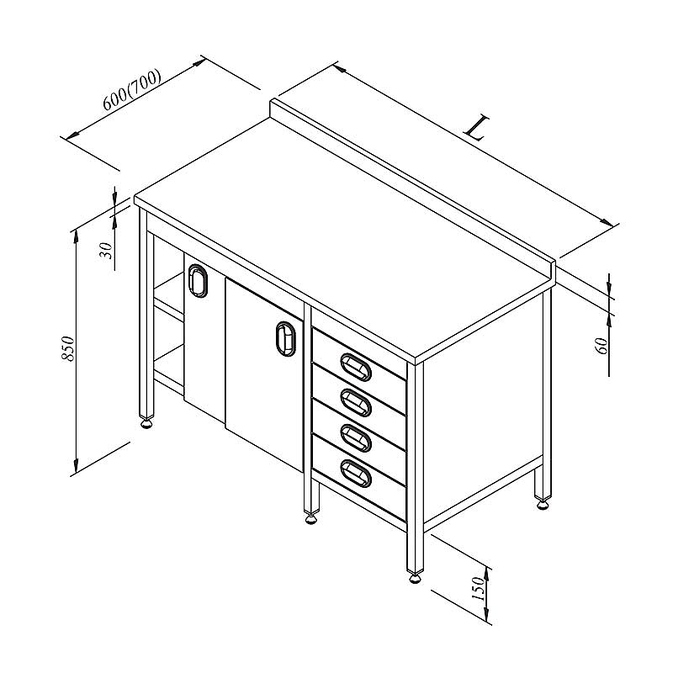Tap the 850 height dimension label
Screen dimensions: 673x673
tap(68, 348)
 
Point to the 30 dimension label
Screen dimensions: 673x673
tap(106, 250)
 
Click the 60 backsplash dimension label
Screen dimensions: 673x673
tap(601, 346)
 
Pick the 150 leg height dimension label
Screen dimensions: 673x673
tap(478, 588)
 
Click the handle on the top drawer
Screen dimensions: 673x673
tap(356, 367)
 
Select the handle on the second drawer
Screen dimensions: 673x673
tap(356, 402)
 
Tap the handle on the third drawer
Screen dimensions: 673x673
tap(356, 437)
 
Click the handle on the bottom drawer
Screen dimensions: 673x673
tap(356, 474)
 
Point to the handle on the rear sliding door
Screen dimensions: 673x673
tap(198, 281)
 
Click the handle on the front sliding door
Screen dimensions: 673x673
tap(286, 339)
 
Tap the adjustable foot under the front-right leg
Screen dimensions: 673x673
tap(415, 578)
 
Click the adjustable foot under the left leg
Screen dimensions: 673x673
tap(146, 424)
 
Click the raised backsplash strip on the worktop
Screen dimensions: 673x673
tap(412, 188)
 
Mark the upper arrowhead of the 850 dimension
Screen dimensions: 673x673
tap(76, 236)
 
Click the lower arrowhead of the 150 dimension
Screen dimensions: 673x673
tap(487, 615)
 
